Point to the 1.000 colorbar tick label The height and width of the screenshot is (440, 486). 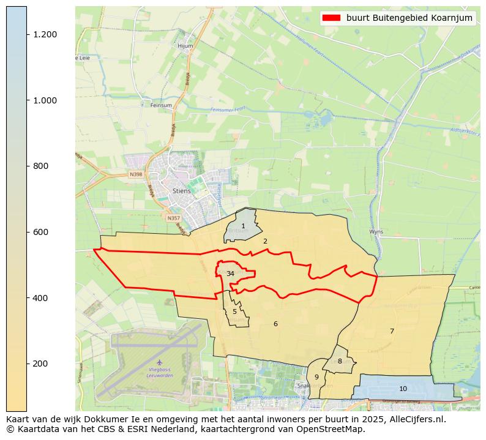[x=45, y=100]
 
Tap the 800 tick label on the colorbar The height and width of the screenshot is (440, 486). [x=40, y=166]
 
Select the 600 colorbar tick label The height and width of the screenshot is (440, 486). [x=40, y=232]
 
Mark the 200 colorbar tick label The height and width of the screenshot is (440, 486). [x=40, y=364]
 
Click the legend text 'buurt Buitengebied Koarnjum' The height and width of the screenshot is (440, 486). [x=409, y=18]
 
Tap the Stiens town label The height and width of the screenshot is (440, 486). [x=182, y=191]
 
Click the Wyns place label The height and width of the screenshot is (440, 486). [x=376, y=232]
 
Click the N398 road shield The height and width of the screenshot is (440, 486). [x=135, y=174]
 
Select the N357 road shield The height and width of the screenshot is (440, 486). [x=174, y=217]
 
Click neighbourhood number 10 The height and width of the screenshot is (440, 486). [x=403, y=389]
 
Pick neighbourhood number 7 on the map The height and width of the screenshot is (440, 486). [x=392, y=332]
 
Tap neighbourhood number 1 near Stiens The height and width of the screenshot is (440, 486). [x=243, y=226]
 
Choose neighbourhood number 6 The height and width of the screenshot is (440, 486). [x=275, y=324]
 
